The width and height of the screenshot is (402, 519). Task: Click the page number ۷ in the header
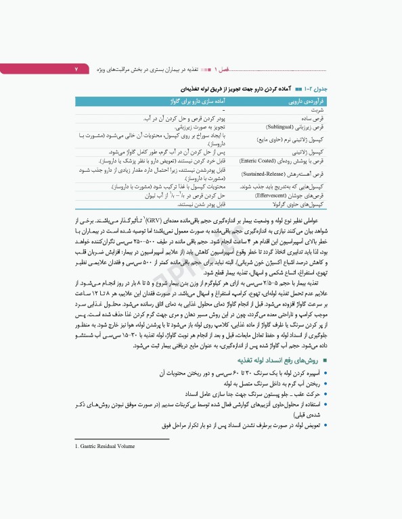(76, 70)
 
